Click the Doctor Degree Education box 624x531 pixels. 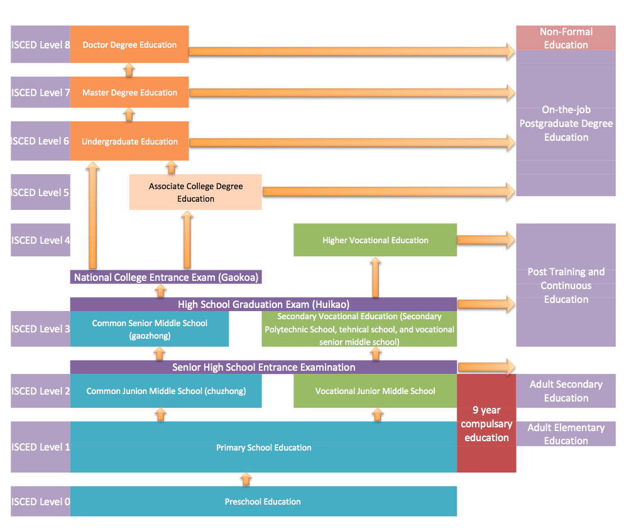pyautogui.click(x=129, y=45)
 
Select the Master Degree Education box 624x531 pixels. pyautogui.click(x=129, y=92)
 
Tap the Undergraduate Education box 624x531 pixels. pyautogui.click(x=129, y=141)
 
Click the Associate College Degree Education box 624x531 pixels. pyautogui.click(x=195, y=192)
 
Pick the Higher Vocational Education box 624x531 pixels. pyautogui.click(x=375, y=240)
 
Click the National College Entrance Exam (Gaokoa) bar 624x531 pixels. pyautogui.click(x=166, y=277)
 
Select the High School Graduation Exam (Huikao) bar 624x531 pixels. pyautogui.click(x=263, y=304)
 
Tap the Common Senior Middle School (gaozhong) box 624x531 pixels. pyautogui.click(x=150, y=329)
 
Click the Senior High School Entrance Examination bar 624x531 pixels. pyautogui.click(x=263, y=367)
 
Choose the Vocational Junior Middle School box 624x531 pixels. pyautogui.click(x=375, y=391)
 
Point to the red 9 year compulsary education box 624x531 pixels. pyautogui.click(x=486, y=424)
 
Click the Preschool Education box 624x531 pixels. pyautogui.click(x=263, y=501)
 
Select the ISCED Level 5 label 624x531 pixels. pyautogui.click(x=40, y=192)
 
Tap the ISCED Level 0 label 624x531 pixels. pyautogui.click(x=40, y=501)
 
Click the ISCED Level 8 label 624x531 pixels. pyautogui.click(x=40, y=45)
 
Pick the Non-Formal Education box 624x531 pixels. pyautogui.click(x=566, y=38)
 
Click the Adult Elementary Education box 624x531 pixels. pyautogui.click(x=566, y=434)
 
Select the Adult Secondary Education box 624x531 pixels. pyautogui.click(x=566, y=391)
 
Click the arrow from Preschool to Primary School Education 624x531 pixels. pyautogui.click(x=246, y=479)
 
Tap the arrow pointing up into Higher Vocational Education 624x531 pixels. pyautogui.click(x=375, y=277)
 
